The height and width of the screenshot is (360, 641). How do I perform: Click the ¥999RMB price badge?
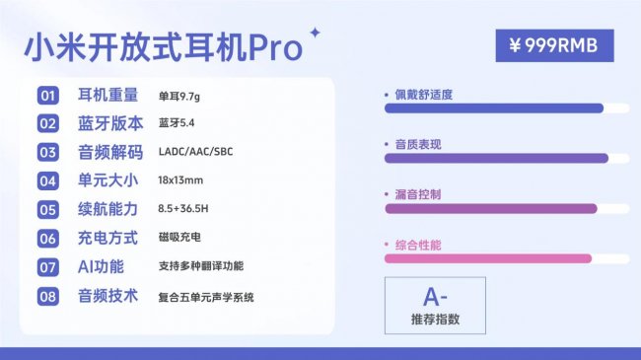pos(554,45)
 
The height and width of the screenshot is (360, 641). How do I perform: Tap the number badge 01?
pos(48,96)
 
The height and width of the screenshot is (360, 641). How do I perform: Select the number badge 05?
pos(48,209)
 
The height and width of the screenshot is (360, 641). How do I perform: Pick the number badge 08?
pos(48,296)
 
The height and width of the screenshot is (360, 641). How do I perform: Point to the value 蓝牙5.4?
pos(177,124)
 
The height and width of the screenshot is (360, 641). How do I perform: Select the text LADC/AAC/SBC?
pos(196,153)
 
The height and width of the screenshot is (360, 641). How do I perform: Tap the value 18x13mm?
pos(180,180)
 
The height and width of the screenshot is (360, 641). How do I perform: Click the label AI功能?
pos(100,266)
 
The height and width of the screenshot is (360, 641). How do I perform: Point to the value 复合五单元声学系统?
pos(205,296)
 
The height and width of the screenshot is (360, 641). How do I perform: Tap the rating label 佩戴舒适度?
pos(423,95)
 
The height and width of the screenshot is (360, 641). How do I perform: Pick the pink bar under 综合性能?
pos(487,258)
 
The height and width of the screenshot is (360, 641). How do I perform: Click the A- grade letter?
pos(435,297)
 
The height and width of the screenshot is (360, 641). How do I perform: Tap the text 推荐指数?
pos(435,320)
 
